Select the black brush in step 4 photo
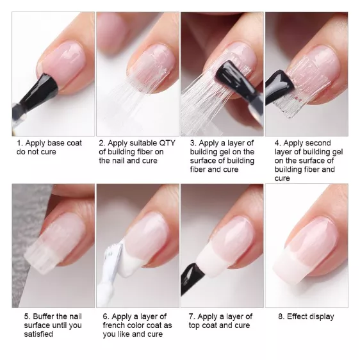coord(278,87)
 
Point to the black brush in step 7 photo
coord(192,278)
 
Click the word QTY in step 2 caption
coord(167,143)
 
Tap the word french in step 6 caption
coord(113,325)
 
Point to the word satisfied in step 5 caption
coord(38,334)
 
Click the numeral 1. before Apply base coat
coord(20,143)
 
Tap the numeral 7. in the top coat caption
coord(192,316)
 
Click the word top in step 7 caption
coord(195,325)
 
